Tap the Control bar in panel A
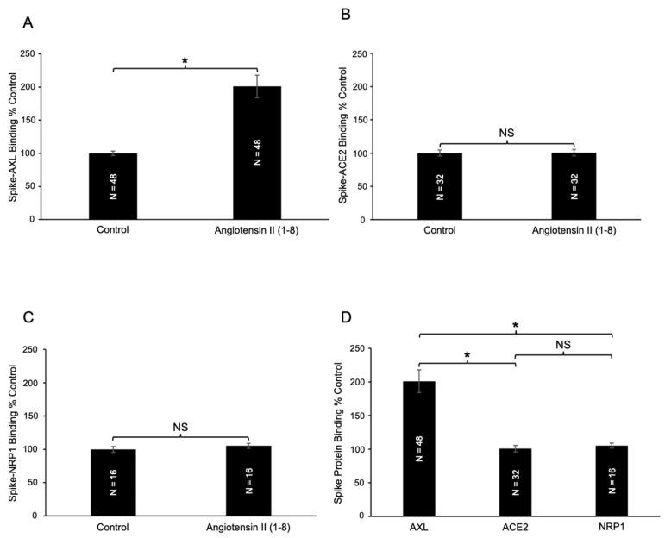click(113, 186)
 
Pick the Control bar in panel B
click(440, 186)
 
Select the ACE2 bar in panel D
click(515, 482)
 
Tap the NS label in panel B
click(507, 134)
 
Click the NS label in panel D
click(563, 345)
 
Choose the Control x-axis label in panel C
click(113, 528)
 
